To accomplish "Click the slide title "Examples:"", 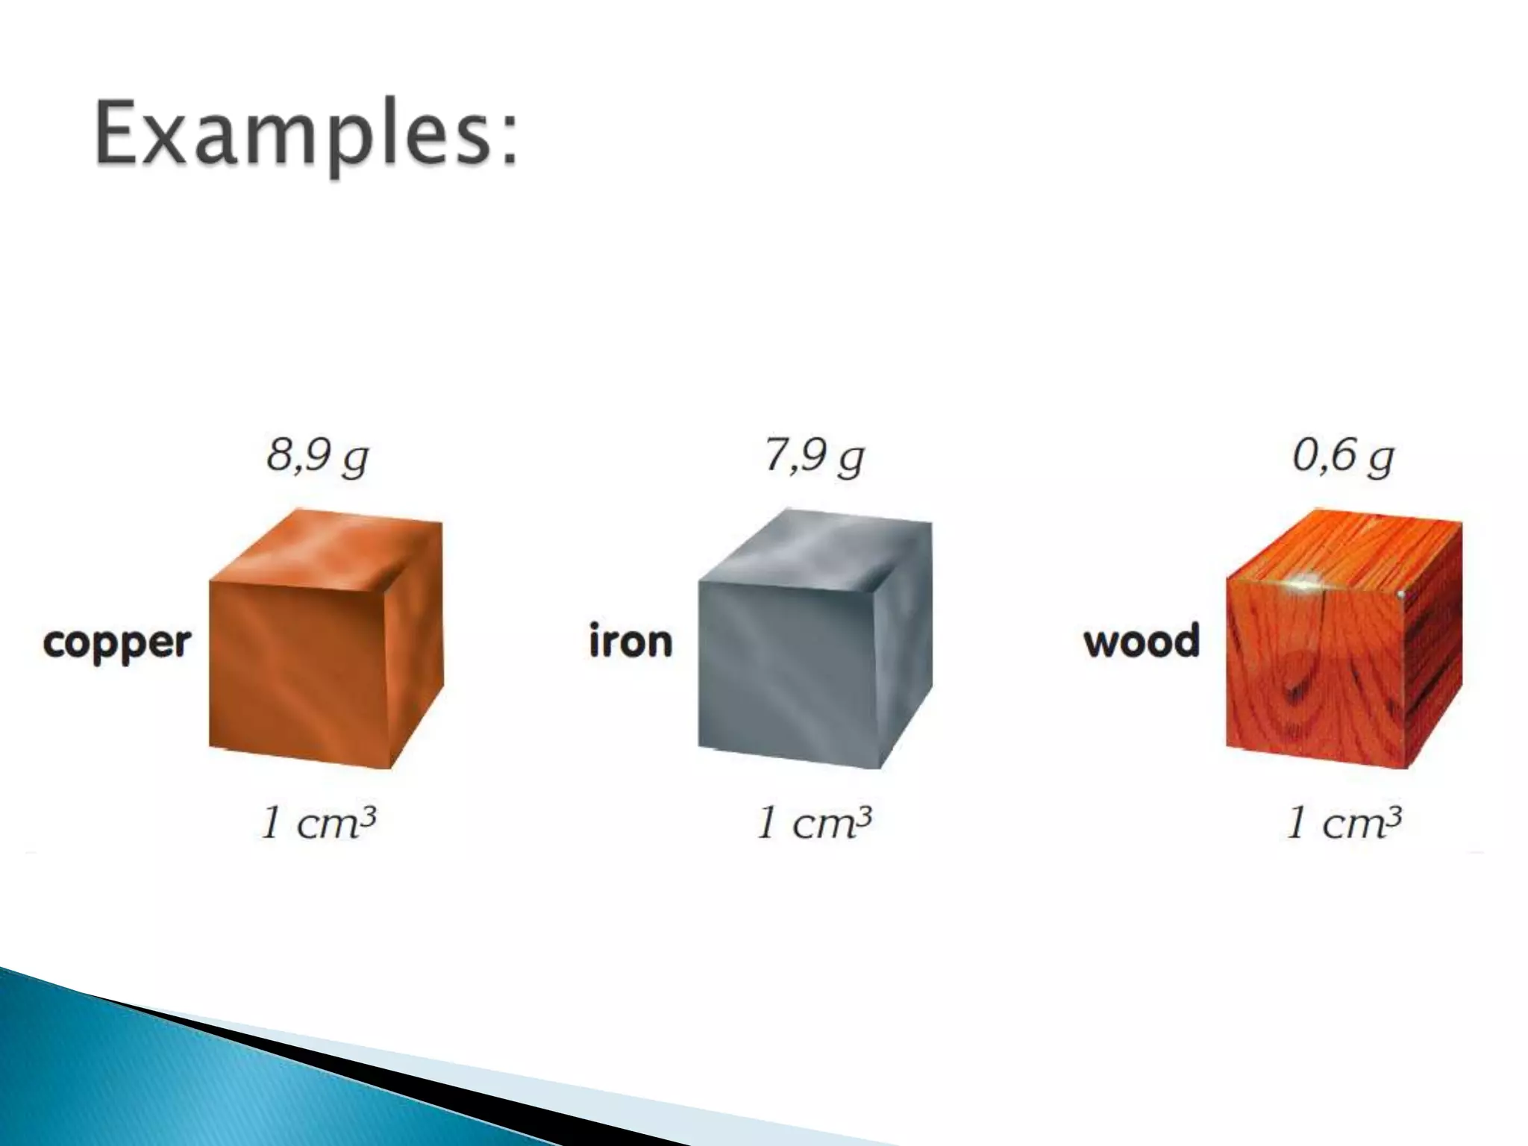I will pyautogui.click(x=306, y=136).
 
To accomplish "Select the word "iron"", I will pyautogui.click(x=630, y=642).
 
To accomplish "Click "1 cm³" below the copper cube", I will pyautogui.click(x=318, y=823).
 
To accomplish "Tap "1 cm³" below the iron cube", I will pyautogui.click(x=815, y=823).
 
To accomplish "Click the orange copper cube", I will pyautogui.click(x=313, y=657).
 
